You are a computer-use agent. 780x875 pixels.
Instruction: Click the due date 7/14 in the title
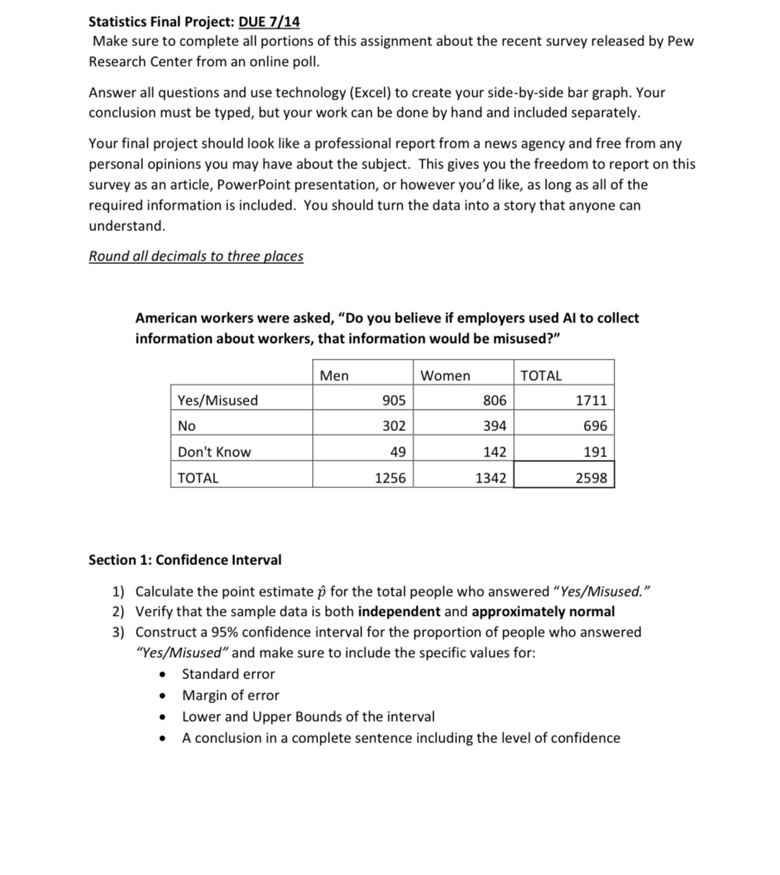point(269,21)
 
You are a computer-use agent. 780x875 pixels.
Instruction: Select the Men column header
point(334,375)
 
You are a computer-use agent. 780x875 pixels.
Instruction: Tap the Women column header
point(445,375)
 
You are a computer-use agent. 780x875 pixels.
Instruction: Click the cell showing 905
point(394,400)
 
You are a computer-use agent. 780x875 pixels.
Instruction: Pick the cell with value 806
point(495,400)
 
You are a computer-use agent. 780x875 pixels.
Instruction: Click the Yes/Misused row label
point(218,400)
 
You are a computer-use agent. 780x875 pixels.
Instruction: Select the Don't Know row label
point(214,452)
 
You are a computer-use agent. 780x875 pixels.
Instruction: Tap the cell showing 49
point(397,452)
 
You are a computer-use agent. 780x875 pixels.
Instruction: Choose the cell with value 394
point(495,425)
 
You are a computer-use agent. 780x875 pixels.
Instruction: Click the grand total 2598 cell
point(591,478)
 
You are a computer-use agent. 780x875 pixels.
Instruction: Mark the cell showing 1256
point(390,478)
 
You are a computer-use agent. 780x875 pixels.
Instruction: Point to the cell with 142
point(495,452)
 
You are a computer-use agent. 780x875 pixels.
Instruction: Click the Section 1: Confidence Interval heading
point(185,560)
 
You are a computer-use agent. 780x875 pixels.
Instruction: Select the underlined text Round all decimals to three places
point(196,256)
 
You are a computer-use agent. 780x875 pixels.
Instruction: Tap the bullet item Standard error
point(228,674)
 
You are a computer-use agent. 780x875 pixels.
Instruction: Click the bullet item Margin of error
point(230,695)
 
